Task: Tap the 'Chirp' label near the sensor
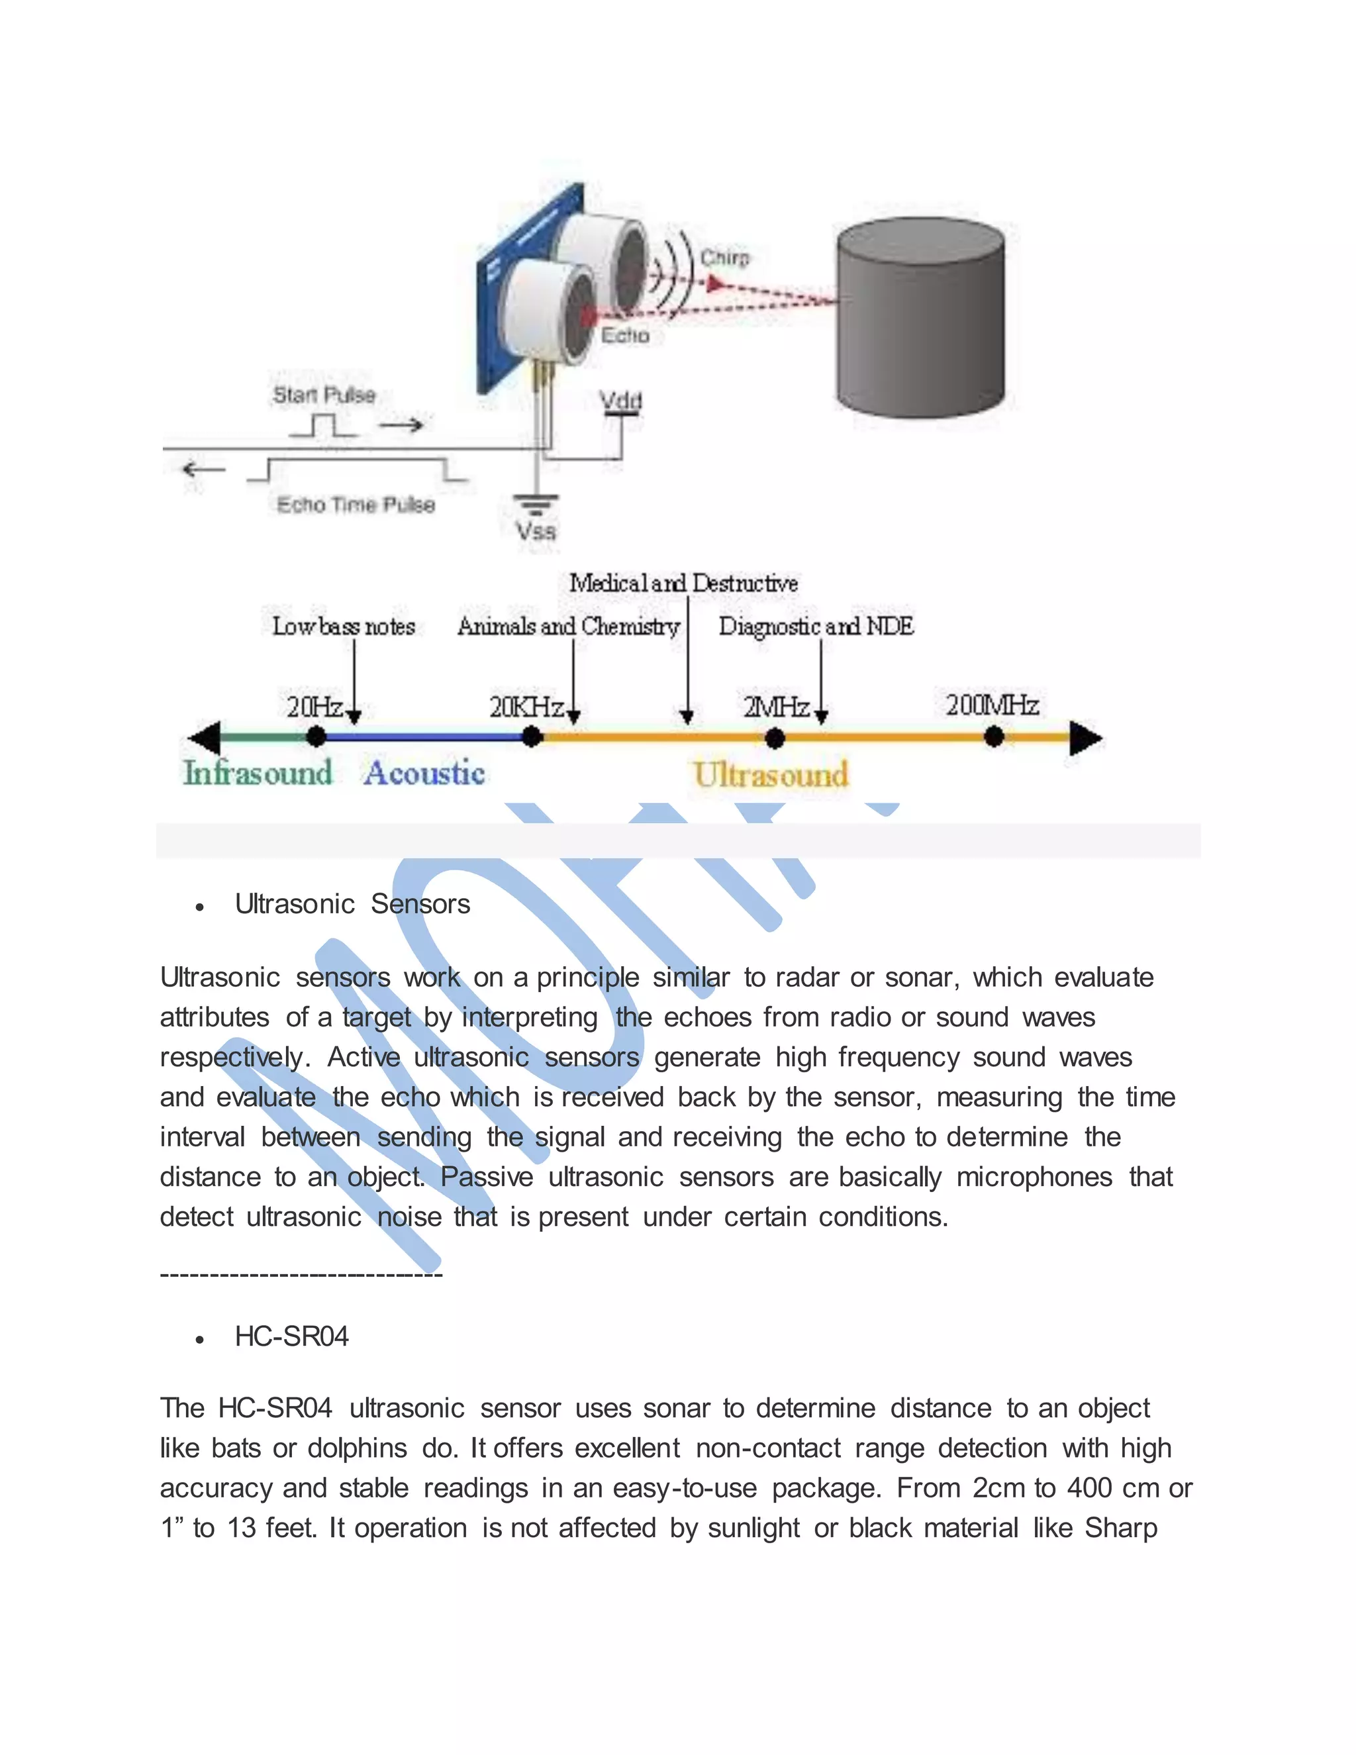point(724,258)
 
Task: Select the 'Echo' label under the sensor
point(625,335)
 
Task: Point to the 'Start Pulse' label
point(324,395)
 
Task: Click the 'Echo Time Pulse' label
point(356,505)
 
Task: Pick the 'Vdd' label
point(621,399)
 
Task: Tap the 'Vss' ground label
point(536,531)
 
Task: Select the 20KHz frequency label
point(526,707)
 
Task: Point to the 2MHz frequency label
point(775,707)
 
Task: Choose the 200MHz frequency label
point(991,705)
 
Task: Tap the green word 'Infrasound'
point(257,773)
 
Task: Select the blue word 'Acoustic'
point(424,773)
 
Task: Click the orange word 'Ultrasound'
point(771,776)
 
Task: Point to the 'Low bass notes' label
point(343,626)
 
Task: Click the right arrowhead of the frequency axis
point(1085,738)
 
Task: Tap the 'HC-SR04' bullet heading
point(291,1336)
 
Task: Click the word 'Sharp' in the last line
point(1121,1528)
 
